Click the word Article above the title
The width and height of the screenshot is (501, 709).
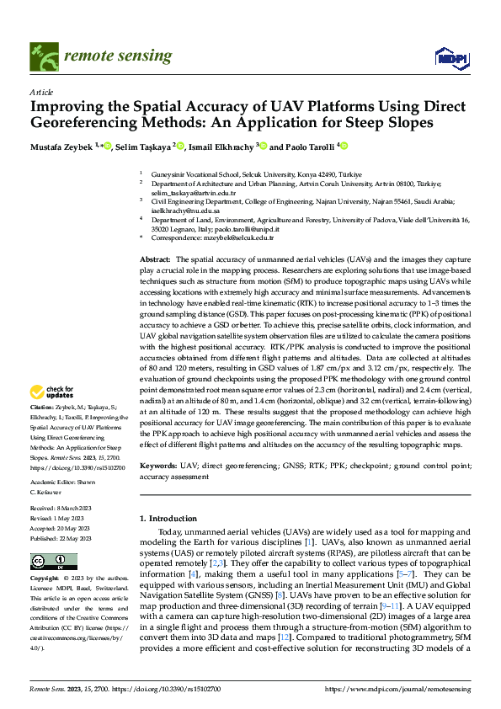pos(41,92)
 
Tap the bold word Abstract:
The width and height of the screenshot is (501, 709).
pos(155,259)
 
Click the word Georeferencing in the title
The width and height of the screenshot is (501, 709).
pos(93,123)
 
